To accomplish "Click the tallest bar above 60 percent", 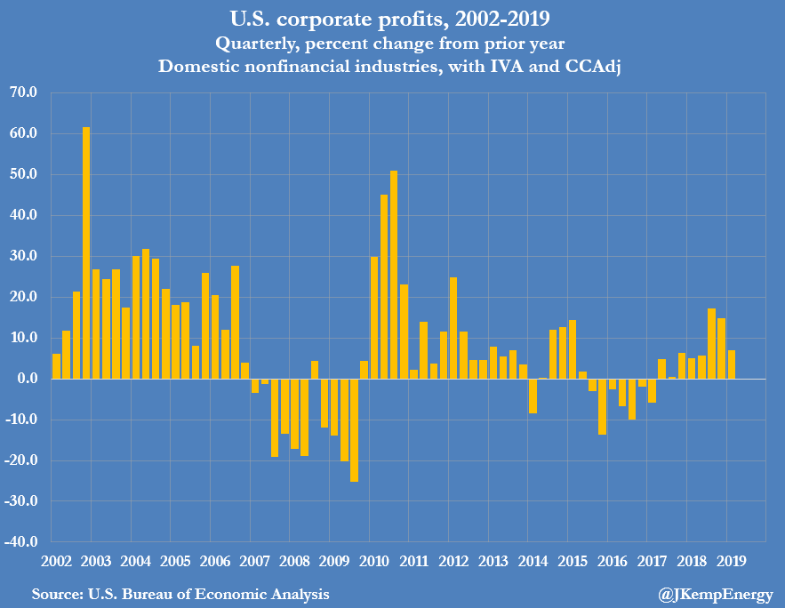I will pyautogui.click(x=86, y=253).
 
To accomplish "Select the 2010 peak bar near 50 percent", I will pyautogui.click(x=394, y=275).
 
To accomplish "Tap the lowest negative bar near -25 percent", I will pyautogui.click(x=354, y=430).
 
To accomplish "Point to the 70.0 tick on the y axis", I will pyautogui.click(x=22, y=92).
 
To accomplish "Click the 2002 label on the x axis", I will pyautogui.click(x=56, y=561).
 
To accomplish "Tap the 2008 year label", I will pyautogui.click(x=294, y=561).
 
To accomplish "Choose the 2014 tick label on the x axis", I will pyautogui.click(x=533, y=561).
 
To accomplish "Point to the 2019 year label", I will pyautogui.click(x=731, y=561).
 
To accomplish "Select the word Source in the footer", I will pyautogui.click(x=55, y=593).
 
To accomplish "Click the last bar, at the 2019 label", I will pyautogui.click(x=731, y=364).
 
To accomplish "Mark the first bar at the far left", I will pyautogui.click(x=57, y=366).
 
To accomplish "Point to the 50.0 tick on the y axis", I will pyautogui.click(x=22, y=174).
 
